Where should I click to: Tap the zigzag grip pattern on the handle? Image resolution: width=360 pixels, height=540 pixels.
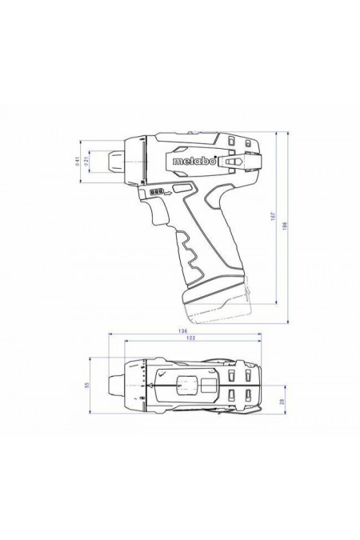(x=194, y=254)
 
